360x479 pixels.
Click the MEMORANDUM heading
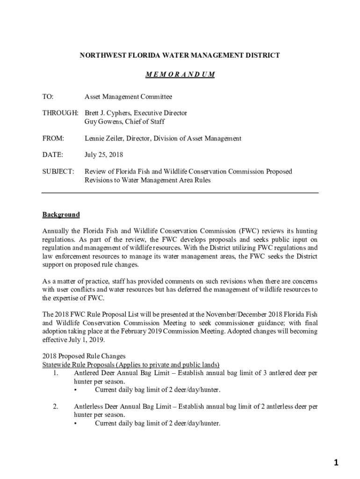(x=180, y=75)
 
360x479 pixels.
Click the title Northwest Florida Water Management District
(x=180, y=55)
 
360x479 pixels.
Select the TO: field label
(x=48, y=97)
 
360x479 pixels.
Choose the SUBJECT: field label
(x=58, y=172)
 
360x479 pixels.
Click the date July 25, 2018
(x=104, y=155)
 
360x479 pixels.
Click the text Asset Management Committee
(x=128, y=97)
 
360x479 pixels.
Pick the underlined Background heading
(x=61, y=215)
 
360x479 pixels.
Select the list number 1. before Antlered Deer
(x=55, y=373)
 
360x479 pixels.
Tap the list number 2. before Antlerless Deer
(x=55, y=406)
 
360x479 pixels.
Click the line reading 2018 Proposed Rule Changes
(x=84, y=356)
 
